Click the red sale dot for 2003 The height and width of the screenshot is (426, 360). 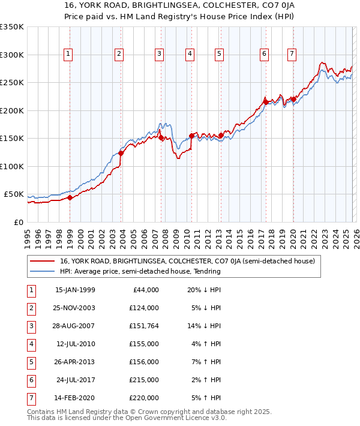(x=121, y=153)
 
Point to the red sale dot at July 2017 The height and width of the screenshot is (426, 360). (x=265, y=103)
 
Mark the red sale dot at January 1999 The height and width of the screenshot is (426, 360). (x=70, y=197)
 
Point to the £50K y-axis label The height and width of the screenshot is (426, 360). (x=14, y=194)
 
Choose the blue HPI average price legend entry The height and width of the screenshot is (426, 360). (x=140, y=271)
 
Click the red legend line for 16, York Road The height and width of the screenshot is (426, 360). (x=43, y=261)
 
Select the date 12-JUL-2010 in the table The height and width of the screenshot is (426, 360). (x=75, y=344)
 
